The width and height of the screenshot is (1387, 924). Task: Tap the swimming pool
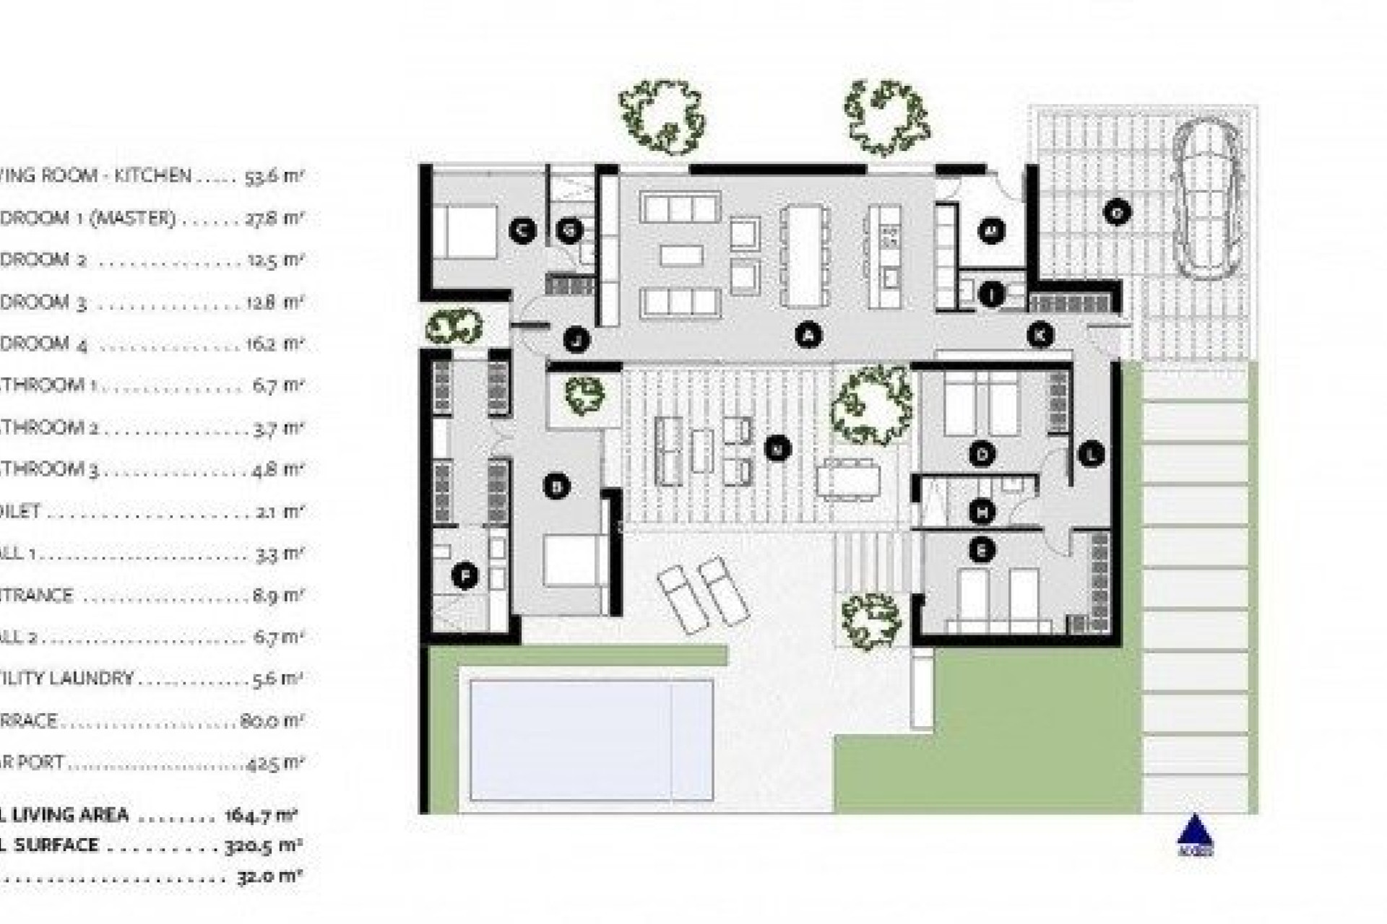(591, 739)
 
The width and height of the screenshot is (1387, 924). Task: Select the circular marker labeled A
(808, 334)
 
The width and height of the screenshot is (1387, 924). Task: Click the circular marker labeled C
(522, 231)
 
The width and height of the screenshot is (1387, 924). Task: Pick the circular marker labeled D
(982, 454)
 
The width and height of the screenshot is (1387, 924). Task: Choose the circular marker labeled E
(981, 550)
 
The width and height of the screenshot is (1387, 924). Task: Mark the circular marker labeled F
(465, 576)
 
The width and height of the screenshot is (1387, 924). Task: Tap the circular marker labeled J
(576, 339)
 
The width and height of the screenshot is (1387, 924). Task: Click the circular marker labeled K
(1040, 335)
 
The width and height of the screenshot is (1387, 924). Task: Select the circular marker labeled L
(1091, 454)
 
